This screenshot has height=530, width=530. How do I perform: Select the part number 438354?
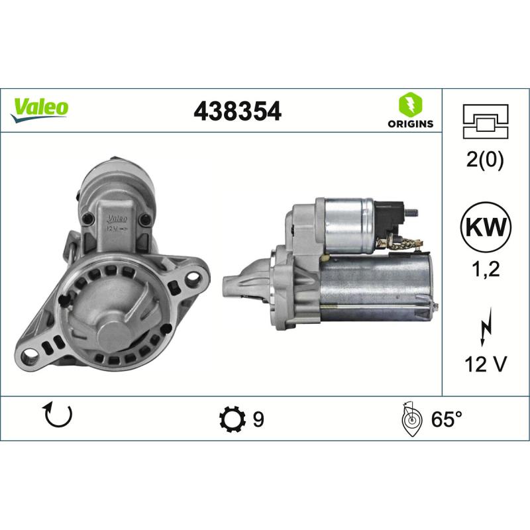pyautogui.click(x=237, y=111)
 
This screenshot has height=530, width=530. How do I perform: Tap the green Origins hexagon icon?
pyautogui.click(x=408, y=105)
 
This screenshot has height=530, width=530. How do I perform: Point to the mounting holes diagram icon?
pyautogui.click(x=487, y=122)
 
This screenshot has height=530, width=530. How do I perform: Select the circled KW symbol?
pyautogui.click(x=487, y=228)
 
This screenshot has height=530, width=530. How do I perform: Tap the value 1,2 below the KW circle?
pyautogui.click(x=487, y=270)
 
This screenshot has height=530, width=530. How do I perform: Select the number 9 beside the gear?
pyautogui.click(x=258, y=419)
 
